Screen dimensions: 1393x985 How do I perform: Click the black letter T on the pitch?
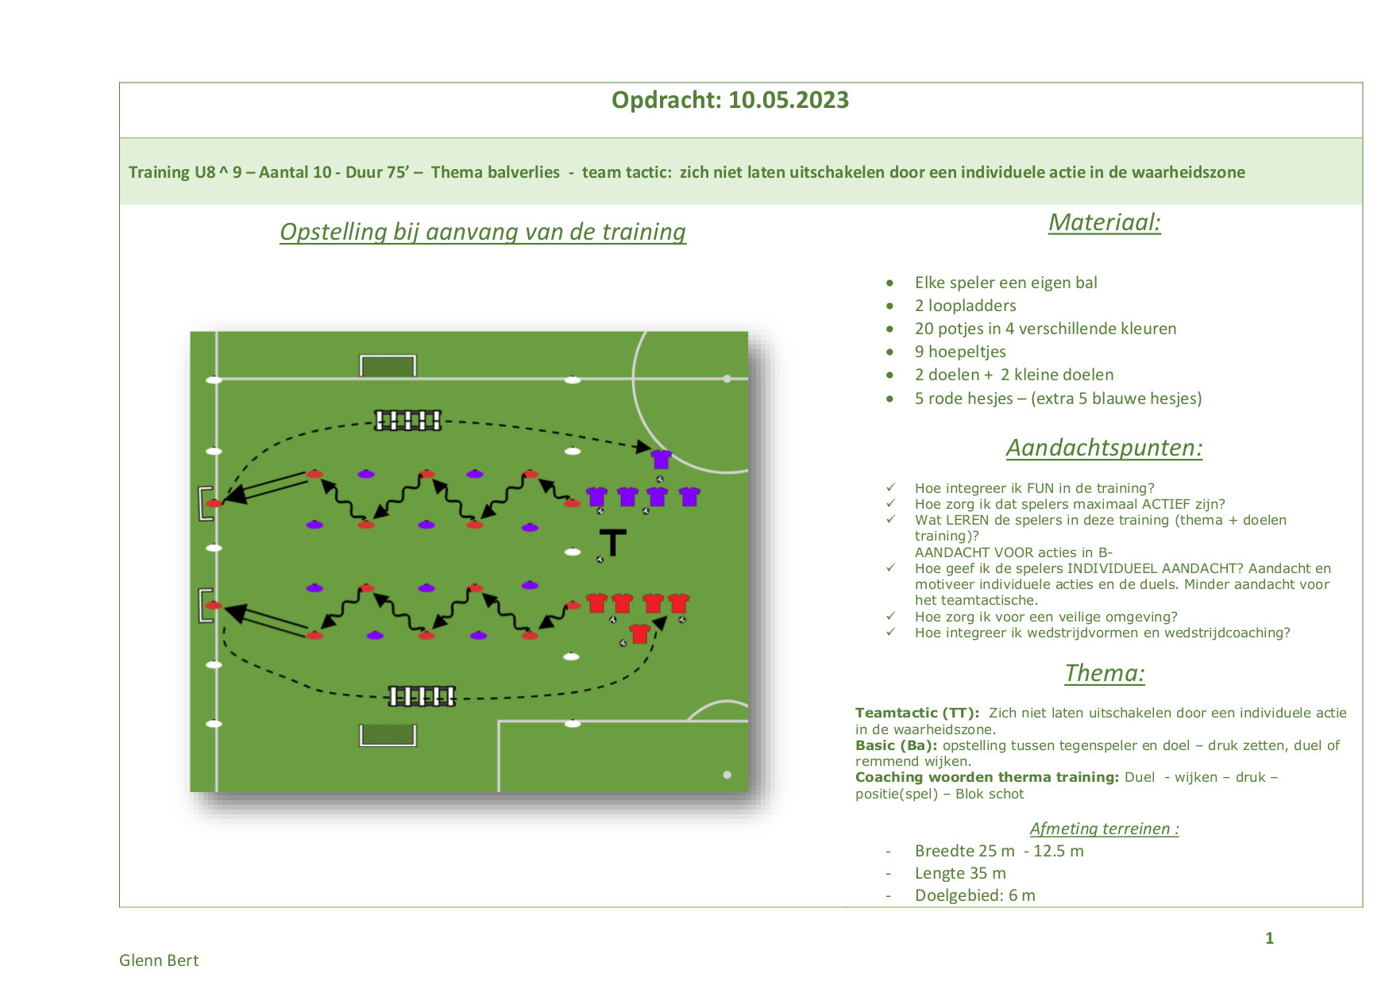tap(613, 542)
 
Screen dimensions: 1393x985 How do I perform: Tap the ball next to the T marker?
tap(600, 560)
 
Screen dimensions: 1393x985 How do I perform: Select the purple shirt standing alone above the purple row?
tap(661, 459)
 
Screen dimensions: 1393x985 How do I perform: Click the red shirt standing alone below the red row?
tap(639, 633)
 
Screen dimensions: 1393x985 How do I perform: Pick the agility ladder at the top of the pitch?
tap(407, 420)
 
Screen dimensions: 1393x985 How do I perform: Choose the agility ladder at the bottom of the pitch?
tap(422, 696)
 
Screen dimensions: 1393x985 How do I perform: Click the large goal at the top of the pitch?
tap(388, 365)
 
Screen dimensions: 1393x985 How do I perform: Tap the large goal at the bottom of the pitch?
tap(388, 735)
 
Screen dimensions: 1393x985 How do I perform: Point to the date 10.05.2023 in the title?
tap(789, 100)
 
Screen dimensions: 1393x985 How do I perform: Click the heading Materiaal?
tap(1105, 222)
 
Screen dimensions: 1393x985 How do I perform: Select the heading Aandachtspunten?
tap(1105, 448)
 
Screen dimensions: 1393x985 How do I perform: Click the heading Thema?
tap(1105, 673)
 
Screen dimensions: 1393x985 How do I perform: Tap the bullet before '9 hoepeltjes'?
tap(890, 352)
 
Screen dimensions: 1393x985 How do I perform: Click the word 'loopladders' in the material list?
tap(972, 306)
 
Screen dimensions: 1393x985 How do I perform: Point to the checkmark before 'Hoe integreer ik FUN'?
tap(891, 487)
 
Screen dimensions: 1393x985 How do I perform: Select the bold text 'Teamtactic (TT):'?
tap(917, 713)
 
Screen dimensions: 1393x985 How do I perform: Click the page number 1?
tap(1270, 938)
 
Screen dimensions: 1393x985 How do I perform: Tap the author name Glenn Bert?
tap(159, 960)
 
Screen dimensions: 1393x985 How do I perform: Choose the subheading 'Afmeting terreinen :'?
tap(1105, 829)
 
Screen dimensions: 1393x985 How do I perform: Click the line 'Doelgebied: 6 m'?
tap(975, 895)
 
